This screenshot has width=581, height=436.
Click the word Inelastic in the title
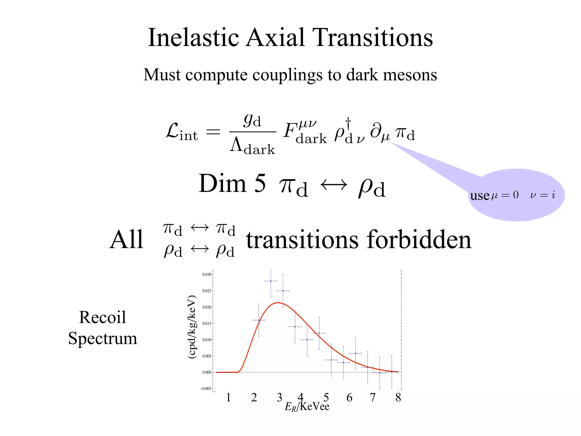[x=194, y=37]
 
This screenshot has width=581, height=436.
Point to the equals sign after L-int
[x=213, y=132]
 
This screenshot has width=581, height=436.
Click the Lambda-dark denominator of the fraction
[x=252, y=146]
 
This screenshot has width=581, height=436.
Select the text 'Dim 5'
[x=232, y=184]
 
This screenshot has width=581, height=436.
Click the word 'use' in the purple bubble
[x=480, y=196]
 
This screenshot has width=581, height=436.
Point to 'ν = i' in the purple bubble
[x=542, y=195]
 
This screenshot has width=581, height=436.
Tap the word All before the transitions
[x=127, y=240]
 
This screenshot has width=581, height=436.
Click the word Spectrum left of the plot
[x=103, y=338]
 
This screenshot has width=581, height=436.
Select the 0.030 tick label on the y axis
[x=207, y=274]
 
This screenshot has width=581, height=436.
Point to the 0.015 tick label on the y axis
[x=207, y=324]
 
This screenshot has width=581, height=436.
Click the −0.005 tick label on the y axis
[x=206, y=389]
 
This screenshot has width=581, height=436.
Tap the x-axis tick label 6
[x=350, y=398]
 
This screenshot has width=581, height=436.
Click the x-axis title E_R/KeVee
[x=307, y=407]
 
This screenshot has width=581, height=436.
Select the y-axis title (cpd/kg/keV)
[x=192, y=327]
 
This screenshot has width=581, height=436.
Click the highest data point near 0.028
[x=271, y=281]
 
